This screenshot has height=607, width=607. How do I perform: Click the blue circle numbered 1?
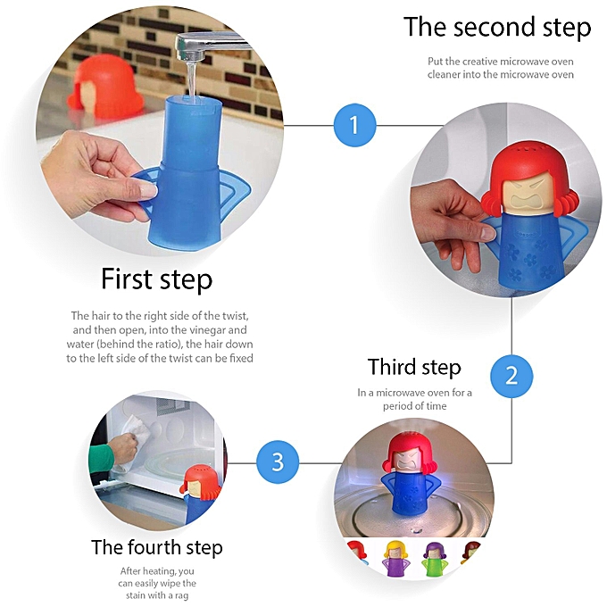tap(354, 125)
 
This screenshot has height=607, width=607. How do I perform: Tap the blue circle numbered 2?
tap(511, 376)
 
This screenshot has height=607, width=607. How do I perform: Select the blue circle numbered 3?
tap(278, 461)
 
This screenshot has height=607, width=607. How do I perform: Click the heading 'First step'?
tap(156, 279)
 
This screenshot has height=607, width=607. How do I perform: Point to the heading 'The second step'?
tap(497, 28)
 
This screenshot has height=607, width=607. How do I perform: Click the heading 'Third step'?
tap(414, 368)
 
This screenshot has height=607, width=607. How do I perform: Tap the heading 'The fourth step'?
tap(157, 547)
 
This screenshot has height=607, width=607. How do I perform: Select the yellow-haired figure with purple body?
tap(395, 557)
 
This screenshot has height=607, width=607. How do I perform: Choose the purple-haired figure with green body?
tap(435, 558)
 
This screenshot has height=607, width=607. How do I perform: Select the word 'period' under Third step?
tap(395, 406)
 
